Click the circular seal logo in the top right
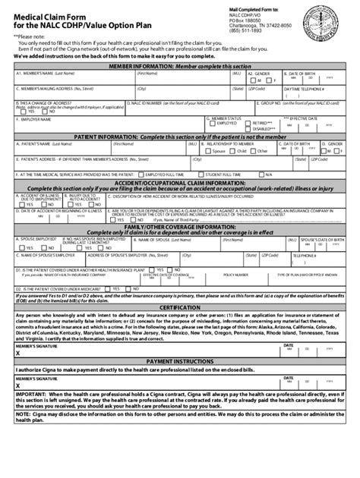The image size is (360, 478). (331, 27)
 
